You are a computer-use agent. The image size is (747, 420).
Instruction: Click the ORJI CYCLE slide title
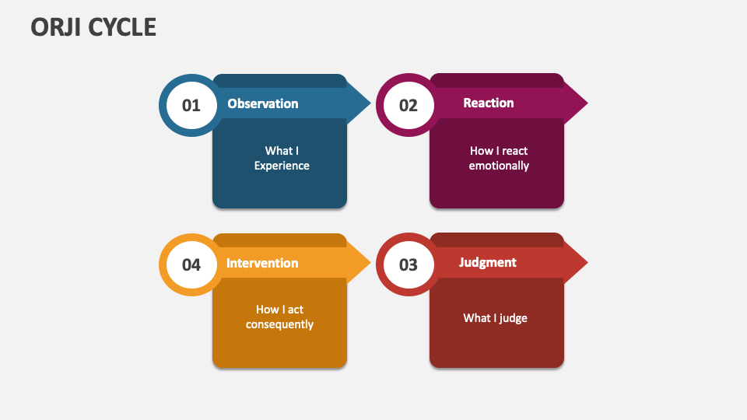93,27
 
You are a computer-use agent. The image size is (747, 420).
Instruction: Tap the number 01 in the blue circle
191,105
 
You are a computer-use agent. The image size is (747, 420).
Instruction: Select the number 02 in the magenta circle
409,105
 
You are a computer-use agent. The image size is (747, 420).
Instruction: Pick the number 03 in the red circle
409,264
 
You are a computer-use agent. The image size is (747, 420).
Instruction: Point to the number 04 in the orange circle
191,264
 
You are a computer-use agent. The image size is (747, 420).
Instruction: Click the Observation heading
262,103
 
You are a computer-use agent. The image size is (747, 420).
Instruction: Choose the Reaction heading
489,103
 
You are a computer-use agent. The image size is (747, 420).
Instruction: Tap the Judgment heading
488,262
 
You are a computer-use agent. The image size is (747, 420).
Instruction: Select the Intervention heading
262,263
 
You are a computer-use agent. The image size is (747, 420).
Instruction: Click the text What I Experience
282,158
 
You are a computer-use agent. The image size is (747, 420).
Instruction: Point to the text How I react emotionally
499,158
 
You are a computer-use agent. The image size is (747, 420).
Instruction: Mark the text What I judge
496,317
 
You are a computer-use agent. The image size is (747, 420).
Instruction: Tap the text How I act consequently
279,317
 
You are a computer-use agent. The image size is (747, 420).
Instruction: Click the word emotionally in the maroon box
499,166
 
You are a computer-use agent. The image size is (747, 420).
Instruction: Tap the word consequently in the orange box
279,324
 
